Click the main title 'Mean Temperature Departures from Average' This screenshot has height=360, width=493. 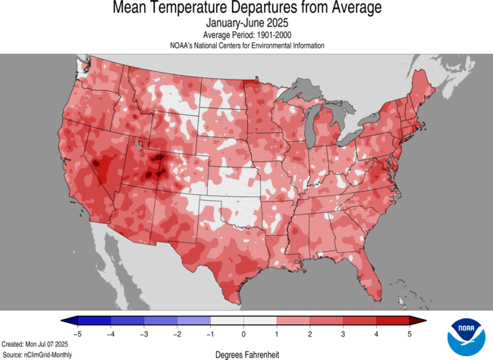pyautogui.click(x=246, y=8)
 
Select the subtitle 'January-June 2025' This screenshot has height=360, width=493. pyautogui.click(x=246, y=23)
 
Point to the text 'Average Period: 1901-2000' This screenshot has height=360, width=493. pyautogui.click(x=246, y=35)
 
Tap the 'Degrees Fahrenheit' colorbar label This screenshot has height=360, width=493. pyautogui.click(x=246, y=353)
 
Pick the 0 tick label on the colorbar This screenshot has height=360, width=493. pyautogui.click(x=243, y=333)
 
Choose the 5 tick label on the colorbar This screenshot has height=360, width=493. pyautogui.click(x=410, y=333)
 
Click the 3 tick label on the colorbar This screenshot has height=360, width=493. pyautogui.click(x=344, y=333)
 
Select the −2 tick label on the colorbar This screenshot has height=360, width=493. pyautogui.click(x=177, y=333)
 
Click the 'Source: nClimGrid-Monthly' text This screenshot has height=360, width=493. pyautogui.click(x=39, y=354)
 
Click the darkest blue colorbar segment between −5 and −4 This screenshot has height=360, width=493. pyautogui.click(x=94, y=321)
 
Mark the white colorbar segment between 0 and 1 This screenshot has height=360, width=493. pyautogui.click(x=260, y=321)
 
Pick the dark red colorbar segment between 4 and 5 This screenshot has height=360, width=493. pyautogui.click(x=393, y=321)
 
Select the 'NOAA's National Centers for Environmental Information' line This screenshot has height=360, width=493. pyautogui.click(x=246, y=45)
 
